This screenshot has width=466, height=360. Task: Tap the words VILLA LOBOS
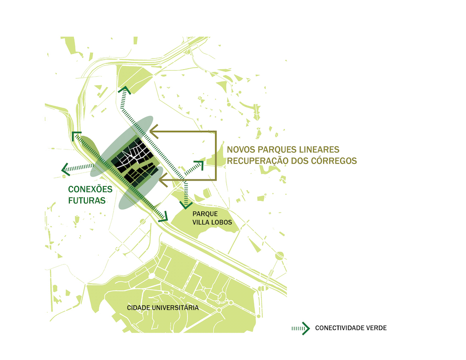point(212,222)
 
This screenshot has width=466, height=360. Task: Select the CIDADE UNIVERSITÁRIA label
point(163,307)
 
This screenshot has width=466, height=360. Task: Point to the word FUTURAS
point(86,200)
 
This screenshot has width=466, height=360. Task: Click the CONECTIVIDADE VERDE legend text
point(351,328)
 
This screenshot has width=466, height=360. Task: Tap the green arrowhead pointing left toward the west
point(64,169)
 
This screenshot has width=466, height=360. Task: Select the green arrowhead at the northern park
point(125,89)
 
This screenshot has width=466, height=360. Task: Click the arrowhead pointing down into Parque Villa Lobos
point(185,205)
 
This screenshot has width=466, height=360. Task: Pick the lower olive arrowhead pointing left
point(163,181)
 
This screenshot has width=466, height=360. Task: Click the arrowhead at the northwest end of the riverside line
point(76,136)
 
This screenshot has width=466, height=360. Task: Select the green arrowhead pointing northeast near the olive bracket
point(200,164)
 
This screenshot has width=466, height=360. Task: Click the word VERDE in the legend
point(376,328)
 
